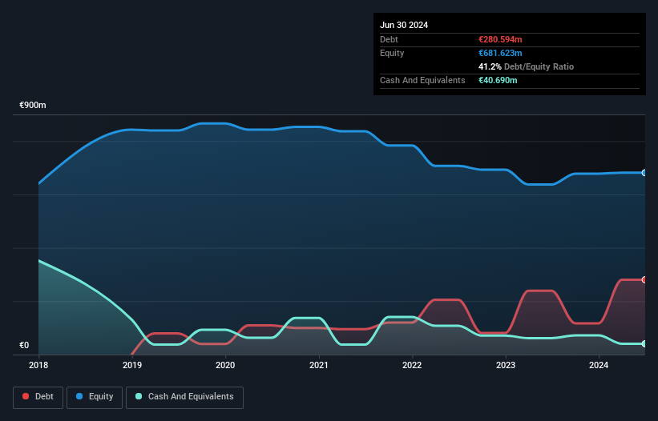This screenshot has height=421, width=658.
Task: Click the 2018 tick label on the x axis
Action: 38,365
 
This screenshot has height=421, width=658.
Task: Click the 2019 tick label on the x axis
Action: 132,365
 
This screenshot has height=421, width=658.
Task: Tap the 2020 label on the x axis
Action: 225,365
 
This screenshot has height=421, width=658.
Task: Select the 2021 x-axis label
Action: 319,365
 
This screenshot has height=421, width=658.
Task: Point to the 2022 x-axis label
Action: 413,365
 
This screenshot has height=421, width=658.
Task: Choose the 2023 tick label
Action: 506,365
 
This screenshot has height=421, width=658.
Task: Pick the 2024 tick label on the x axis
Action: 599,365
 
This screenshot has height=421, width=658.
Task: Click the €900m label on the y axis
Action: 33,106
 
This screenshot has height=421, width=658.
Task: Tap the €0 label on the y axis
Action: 24,346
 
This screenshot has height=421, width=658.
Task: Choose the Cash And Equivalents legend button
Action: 184,396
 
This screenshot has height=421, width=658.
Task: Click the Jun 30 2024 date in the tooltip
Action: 404,25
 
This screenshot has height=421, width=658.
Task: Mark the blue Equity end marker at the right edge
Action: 644,173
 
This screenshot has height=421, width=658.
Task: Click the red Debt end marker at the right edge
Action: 644,279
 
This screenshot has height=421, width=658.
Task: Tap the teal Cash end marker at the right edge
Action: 644,343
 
